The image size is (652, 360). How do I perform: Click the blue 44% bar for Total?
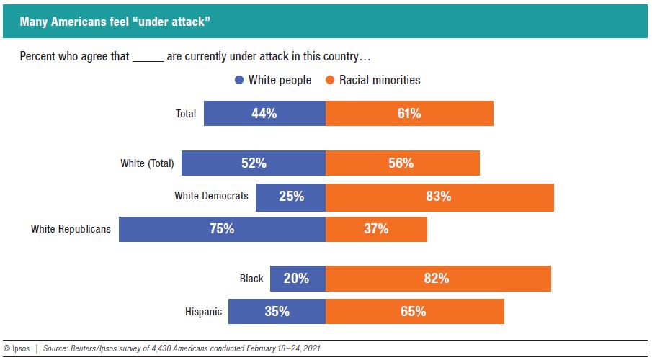(264, 114)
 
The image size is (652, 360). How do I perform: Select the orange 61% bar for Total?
(409, 114)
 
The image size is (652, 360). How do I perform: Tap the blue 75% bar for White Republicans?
(222, 229)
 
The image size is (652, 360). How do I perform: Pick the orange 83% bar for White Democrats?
(439, 197)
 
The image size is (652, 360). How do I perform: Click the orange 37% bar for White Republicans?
(376, 229)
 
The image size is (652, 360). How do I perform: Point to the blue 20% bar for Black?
(298, 279)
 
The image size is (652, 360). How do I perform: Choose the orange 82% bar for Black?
(438, 279)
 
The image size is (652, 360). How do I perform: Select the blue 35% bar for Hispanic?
(277, 312)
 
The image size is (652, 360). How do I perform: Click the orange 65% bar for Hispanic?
(414, 312)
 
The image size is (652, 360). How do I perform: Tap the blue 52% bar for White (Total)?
(254, 163)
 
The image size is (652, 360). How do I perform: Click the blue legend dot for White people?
(239, 81)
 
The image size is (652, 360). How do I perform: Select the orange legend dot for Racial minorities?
(330, 81)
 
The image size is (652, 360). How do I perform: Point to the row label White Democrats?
(211, 196)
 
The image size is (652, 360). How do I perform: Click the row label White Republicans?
(71, 229)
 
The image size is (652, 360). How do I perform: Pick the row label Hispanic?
(204, 312)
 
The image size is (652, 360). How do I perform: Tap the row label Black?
(251, 279)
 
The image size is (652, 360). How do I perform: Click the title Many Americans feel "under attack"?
(115, 22)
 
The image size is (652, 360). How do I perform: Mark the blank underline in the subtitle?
(148, 57)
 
